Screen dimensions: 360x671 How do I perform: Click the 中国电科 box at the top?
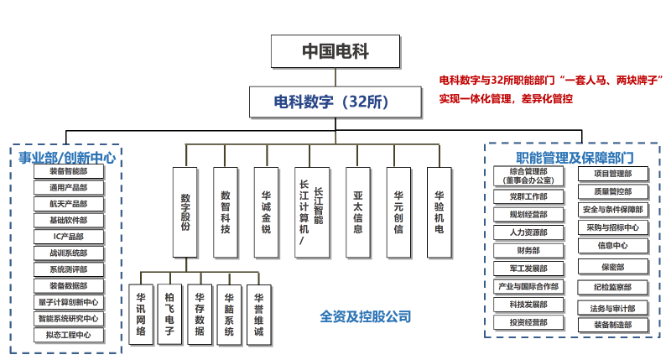pyautogui.click(x=335, y=52)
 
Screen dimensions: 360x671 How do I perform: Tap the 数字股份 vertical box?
pyautogui.click(x=186, y=211)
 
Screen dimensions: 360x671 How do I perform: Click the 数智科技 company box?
pyautogui.click(x=226, y=211)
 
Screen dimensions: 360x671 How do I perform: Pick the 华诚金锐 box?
pyautogui.click(x=266, y=211)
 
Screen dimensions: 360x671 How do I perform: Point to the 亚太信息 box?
pyautogui.click(x=358, y=211)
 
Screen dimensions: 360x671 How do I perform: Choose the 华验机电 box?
pyautogui.click(x=439, y=211)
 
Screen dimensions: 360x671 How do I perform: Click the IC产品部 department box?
pyautogui.click(x=69, y=237)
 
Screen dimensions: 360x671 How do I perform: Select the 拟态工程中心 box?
pyautogui.click(x=69, y=335)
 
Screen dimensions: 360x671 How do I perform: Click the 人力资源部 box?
pyautogui.click(x=528, y=232)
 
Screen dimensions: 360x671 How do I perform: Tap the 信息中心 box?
pyautogui.click(x=612, y=246)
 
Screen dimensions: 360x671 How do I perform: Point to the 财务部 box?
pyautogui.click(x=528, y=250)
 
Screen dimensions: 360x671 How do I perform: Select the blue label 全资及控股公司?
pyautogui.click(x=366, y=316)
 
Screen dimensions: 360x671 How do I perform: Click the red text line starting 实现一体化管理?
pyautogui.click(x=506, y=99)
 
